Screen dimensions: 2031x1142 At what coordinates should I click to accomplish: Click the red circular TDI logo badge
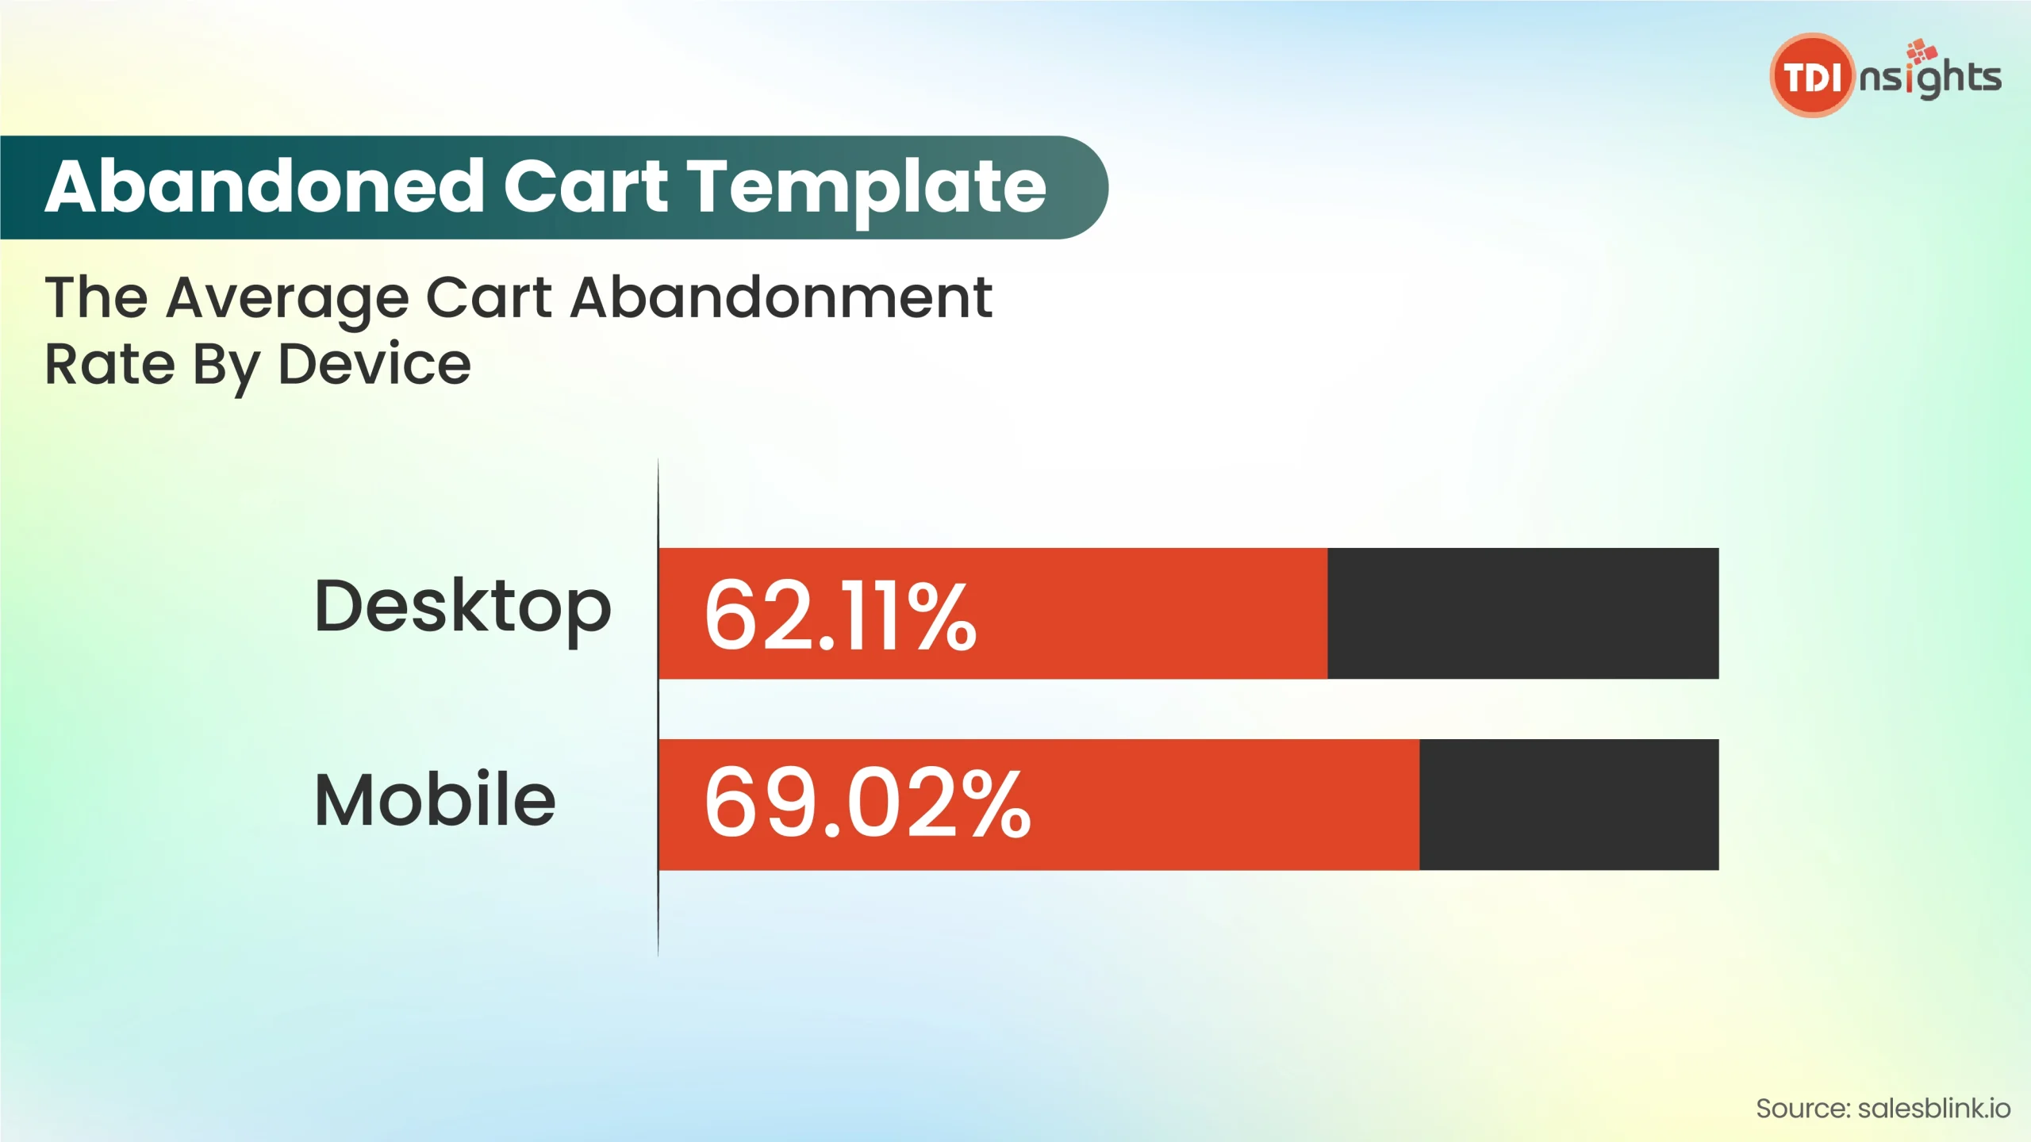[1812, 75]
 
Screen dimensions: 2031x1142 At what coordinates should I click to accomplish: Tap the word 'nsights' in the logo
[1930, 79]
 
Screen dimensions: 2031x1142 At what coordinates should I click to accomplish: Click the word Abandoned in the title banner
[265, 186]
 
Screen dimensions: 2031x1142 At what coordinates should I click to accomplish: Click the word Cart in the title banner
[586, 186]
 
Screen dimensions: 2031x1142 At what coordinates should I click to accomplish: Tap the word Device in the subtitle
[374, 364]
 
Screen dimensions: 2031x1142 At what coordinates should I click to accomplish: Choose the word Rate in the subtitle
[109, 364]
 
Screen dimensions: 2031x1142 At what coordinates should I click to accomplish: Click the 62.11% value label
[840, 615]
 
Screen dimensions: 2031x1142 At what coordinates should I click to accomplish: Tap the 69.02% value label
[867, 803]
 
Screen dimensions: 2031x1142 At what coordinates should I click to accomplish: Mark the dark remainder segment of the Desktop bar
[1523, 613]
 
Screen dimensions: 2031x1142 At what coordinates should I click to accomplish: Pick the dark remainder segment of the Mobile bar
[1569, 805]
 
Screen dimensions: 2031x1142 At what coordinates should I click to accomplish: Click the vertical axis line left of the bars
[658, 707]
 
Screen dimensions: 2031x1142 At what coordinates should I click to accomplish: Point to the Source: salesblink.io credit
[1883, 1109]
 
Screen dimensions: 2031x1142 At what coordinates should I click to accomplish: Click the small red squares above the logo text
[1922, 50]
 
